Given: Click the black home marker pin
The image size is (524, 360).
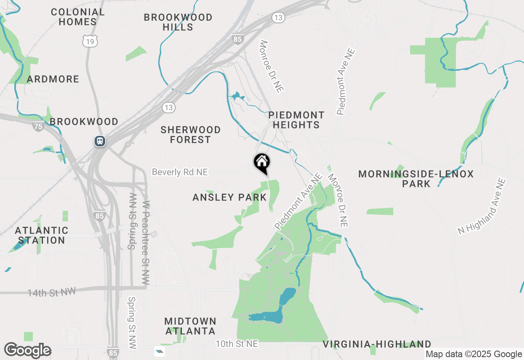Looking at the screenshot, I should pos(262,162).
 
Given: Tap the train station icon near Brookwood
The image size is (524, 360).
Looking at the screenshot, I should pos(99,141).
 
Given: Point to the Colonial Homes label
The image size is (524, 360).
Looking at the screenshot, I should pos(78,17).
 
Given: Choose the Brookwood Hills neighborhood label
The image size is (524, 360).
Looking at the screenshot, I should pos(178,22).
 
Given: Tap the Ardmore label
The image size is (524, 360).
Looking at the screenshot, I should pos(53,79).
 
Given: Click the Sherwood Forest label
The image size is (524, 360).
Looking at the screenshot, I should pos(190,135).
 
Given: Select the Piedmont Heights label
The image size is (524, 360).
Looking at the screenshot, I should pos(296,120).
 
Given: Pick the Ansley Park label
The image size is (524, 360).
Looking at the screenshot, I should pos(230,198).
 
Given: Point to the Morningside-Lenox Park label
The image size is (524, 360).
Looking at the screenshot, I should pos(416,179).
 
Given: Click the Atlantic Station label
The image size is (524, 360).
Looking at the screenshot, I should pos(41,235).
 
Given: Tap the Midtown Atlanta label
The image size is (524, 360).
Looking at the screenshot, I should pos(190,326).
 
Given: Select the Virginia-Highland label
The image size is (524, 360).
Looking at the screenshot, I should pos(377,344).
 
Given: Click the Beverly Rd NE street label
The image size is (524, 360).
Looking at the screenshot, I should pos(180,172).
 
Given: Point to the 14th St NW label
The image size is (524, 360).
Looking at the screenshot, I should pos(52,292).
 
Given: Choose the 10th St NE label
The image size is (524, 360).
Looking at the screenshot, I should pos(237,344).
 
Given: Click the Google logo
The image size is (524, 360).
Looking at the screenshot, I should pos(27,350).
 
